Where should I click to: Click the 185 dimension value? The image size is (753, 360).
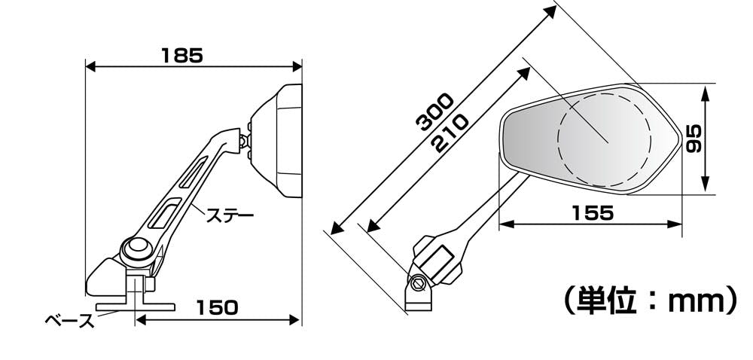[x=182, y=56]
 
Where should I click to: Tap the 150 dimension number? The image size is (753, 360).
[x=217, y=308]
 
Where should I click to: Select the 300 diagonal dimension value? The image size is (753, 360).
[x=434, y=112]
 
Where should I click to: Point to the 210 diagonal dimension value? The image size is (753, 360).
[x=450, y=134]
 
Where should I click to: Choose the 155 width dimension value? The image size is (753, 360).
[x=593, y=212]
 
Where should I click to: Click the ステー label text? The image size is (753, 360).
[x=230, y=215]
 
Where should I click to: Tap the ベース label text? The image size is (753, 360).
[x=70, y=321]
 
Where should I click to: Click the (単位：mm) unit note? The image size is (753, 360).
[x=650, y=301]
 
